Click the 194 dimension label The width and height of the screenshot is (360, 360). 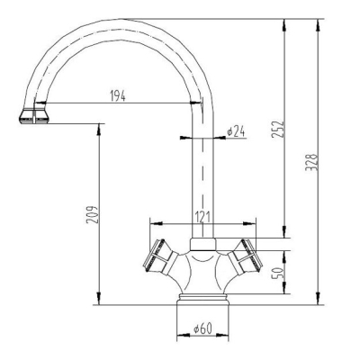click(118, 96)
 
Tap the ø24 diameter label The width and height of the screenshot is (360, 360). click(236, 132)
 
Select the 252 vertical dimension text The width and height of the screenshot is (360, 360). click(277, 130)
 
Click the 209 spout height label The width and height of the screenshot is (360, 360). click(93, 214)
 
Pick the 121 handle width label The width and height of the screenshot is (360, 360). click(202, 217)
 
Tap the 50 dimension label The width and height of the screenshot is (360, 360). click(278, 273)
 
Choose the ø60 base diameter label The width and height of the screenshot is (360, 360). click(202, 328)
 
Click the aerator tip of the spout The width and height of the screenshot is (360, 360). click(33, 116)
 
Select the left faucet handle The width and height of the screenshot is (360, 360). click(159, 256)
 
